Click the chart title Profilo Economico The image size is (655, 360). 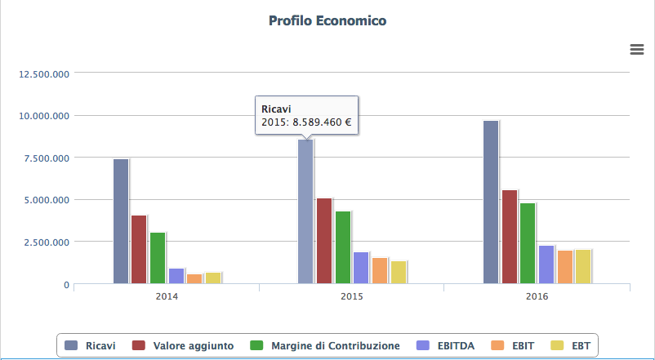point(327,20)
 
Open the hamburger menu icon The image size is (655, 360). point(637,50)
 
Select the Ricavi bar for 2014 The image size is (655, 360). point(121,221)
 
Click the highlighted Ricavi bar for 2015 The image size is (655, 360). point(305,212)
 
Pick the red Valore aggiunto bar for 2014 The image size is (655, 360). point(139,250)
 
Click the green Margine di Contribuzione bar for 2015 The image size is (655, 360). point(342,247)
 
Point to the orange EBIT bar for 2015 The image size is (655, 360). point(379,271)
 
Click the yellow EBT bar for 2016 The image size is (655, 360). point(582,267)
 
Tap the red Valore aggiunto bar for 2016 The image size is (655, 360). point(509,237)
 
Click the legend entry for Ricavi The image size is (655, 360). point(90,345)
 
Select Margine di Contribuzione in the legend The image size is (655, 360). point(325,345)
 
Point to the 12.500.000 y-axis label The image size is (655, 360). point(43,73)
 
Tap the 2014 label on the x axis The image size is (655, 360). point(167,296)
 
